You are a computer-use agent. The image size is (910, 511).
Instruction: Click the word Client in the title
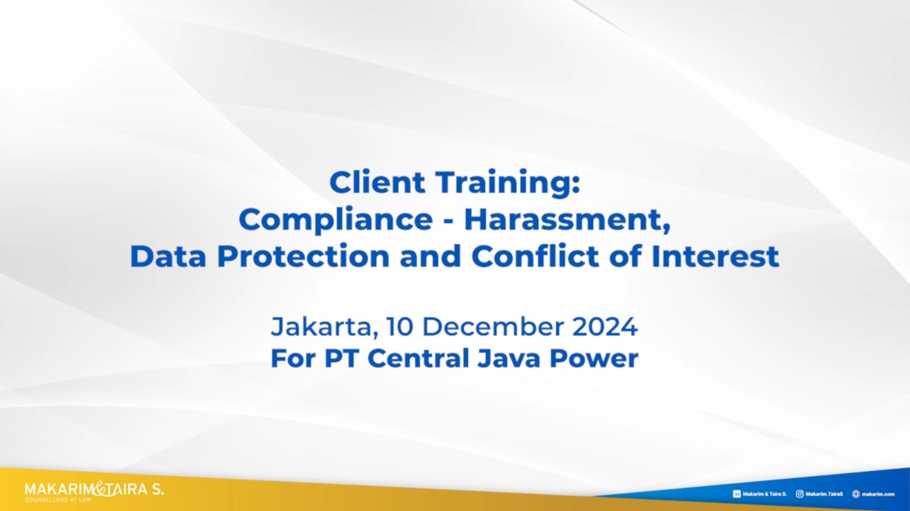(x=377, y=182)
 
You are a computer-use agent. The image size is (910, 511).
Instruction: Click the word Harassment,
(x=567, y=219)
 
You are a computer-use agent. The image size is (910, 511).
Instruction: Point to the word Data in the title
(x=168, y=256)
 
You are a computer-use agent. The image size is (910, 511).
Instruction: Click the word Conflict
(x=535, y=256)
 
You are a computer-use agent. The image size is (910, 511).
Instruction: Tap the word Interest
(x=715, y=256)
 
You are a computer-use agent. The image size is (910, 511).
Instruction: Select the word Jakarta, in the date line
(x=324, y=327)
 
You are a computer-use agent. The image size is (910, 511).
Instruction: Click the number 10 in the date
(x=400, y=327)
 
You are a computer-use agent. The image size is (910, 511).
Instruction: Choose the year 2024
(x=605, y=327)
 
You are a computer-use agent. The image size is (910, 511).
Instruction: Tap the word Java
(x=508, y=359)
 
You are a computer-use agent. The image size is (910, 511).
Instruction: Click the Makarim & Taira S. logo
(x=94, y=492)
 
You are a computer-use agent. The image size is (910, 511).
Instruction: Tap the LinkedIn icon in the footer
(x=737, y=494)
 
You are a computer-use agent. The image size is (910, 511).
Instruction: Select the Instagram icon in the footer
(x=800, y=494)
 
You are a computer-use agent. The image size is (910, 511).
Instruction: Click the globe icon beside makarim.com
(x=856, y=494)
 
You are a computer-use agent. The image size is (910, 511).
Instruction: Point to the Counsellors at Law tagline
(x=58, y=500)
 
